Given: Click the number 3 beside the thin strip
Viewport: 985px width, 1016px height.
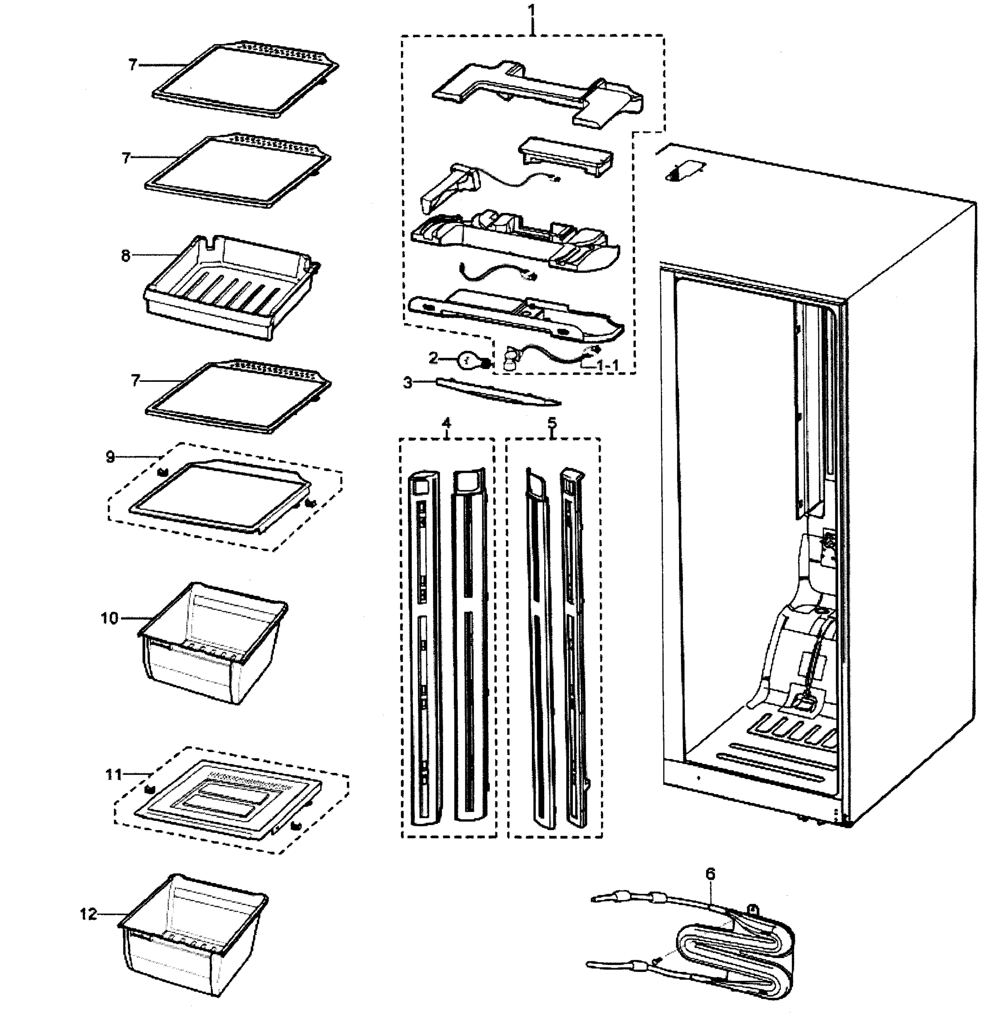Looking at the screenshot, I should point(408,383).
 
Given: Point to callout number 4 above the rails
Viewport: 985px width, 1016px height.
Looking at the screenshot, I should point(447,422).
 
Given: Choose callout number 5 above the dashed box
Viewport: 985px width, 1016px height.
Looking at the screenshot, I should point(552,422).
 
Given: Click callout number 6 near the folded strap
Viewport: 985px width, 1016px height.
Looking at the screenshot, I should point(710,874).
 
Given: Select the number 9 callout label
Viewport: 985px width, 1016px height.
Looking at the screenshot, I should point(110,457).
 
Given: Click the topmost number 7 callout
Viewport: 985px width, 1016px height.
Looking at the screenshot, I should point(133,65).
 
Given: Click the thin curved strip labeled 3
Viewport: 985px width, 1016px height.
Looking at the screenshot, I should point(498,392).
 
